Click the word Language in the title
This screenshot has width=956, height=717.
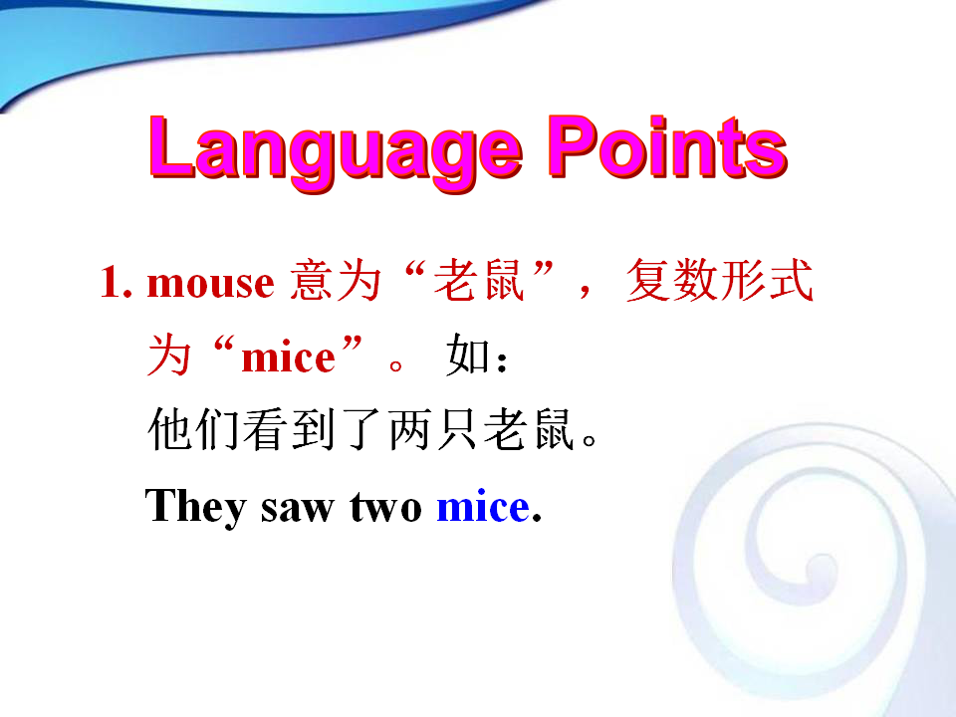pos(336,152)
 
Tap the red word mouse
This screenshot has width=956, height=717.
pos(211,284)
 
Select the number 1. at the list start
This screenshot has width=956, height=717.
pos(116,281)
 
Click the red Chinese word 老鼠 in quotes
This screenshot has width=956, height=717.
pos(479,281)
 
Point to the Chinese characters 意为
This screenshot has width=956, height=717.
pos(336,281)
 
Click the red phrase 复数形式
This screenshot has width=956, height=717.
pos(720,281)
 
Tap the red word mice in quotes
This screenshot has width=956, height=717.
pos(289,358)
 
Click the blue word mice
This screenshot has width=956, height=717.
pos(484,506)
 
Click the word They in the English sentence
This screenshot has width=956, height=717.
pos(196,507)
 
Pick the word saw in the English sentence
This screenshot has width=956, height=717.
pos(298,509)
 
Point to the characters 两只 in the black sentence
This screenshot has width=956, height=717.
pos(432,430)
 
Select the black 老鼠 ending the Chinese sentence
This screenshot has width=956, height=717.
pos(529,430)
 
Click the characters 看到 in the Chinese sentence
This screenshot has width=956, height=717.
pos(289,430)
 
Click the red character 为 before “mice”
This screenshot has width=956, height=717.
pos(169,355)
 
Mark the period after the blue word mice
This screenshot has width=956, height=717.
pos(537,519)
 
